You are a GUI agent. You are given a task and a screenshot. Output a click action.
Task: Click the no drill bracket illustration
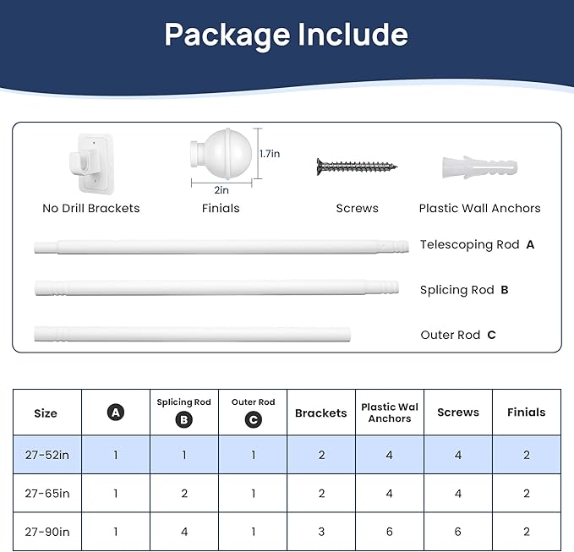[x=91, y=164]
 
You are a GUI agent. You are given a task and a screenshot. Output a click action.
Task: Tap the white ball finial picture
[x=221, y=154]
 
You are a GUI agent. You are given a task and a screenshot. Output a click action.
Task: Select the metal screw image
[x=357, y=167]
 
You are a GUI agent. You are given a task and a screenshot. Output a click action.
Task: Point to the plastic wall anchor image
[x=479, y=167]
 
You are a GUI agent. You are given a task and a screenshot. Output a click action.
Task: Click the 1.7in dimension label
[x=270, y=154]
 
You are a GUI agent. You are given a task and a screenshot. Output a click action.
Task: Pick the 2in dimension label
[x=221, y=190]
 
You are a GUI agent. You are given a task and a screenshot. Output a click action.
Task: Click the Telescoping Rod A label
[x=477, y=244]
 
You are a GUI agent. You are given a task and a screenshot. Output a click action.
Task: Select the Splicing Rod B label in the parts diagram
[x=464, y=290]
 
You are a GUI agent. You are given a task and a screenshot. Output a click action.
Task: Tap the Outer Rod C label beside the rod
[x=458, y=335]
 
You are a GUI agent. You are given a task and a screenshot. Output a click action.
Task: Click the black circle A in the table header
[x=116, y=413]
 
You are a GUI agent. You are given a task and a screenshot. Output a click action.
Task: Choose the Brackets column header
[x=321, y=413]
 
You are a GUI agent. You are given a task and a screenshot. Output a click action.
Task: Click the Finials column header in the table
[x=527, y=413]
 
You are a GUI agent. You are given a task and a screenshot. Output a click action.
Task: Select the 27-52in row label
[x=47, y=455]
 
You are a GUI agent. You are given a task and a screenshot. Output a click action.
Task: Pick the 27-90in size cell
[x=47, y=532]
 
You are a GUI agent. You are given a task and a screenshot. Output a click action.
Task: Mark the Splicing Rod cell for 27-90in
[x=184, y=532]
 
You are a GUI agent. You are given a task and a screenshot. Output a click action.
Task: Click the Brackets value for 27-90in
[x=321, y=532]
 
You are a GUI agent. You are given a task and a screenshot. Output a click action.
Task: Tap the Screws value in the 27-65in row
[x=458, y=494]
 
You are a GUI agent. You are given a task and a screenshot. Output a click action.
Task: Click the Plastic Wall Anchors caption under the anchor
[x=479, y=208]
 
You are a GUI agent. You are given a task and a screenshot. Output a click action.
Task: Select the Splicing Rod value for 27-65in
[x=184, y=494]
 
